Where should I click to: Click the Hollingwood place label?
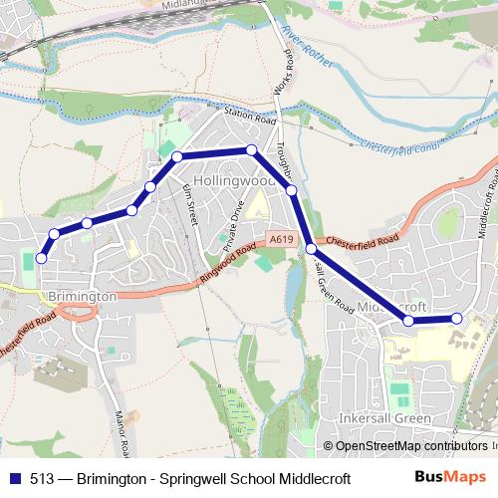pyautogui.click(x=234, y=182)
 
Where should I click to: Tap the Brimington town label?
pyautogui.click(x=83, y=297)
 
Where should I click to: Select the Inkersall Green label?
pyautogui.click(x=385, y=418)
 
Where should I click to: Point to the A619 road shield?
pyautogui.click(x=280, y=240)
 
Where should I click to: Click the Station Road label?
pyautogui.click(x=249, y=116)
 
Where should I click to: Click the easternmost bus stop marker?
pyautogui.click(x=457, y=318)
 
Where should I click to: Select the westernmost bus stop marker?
pyautogui.click(x=41, y=258)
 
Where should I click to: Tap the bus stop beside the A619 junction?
pyautogui.click(x=312, y=248)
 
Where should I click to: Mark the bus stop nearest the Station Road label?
pyautogui.click(x=252, y=149)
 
